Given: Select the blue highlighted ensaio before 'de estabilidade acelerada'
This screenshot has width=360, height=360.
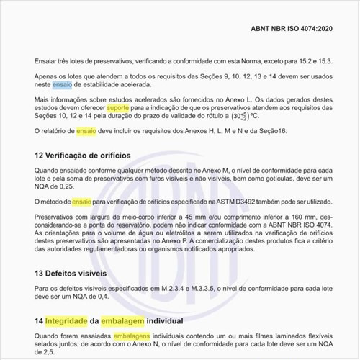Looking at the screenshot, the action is tap(62, 84).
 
